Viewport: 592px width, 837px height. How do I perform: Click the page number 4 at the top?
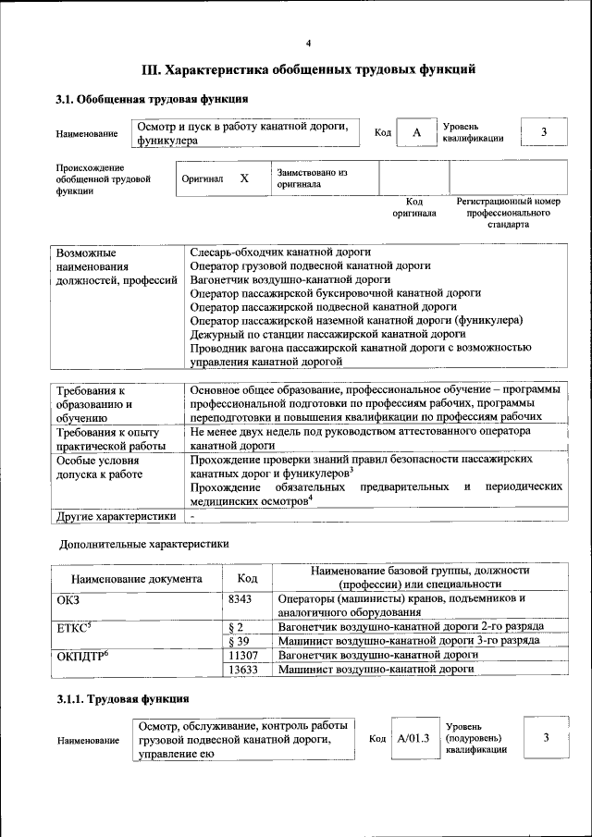pos(309,43)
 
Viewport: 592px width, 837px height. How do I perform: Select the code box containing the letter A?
pos(416,133)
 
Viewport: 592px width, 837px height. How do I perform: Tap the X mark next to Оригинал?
pos(244,178)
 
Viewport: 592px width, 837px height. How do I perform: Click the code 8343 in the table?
pos(240,599)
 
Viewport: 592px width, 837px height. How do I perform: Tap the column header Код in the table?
pos(247,578)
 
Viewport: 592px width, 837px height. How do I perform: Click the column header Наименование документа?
pos(136,579)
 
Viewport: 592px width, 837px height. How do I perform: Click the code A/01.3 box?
pos(414,739)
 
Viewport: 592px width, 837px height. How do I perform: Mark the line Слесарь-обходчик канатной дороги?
pos(280,252)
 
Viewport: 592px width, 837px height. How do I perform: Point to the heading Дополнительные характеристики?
pos(143,544)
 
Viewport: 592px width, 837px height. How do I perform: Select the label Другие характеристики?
pos(116,515)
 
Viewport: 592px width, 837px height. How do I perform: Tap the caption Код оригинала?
pos(414,206)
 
